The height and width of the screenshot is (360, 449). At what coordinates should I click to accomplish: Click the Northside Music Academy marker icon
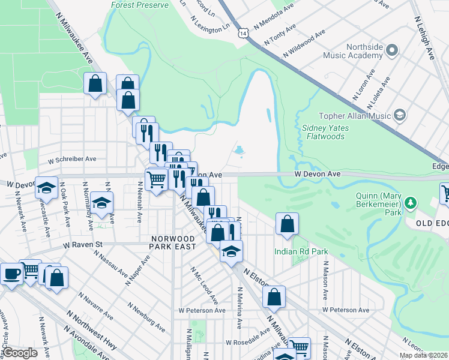click(393, 49)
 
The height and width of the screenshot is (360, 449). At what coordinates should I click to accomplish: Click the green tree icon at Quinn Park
click(411, 203)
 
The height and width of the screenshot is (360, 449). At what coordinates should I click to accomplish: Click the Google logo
click(20, 353)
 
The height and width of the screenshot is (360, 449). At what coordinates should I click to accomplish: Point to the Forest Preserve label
click(139, 5)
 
